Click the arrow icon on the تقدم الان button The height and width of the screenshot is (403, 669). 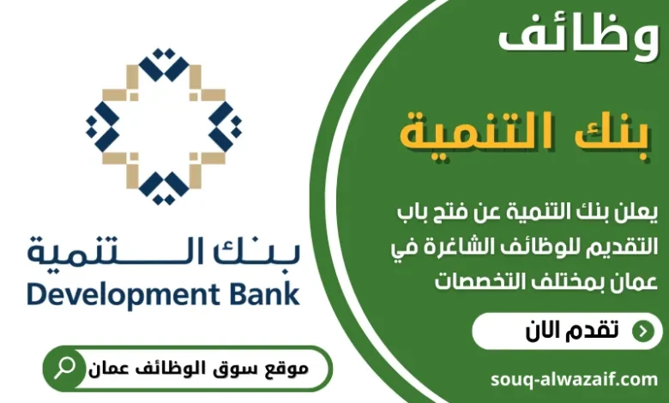[641, 332]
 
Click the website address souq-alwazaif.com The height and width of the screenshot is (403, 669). [575, 378]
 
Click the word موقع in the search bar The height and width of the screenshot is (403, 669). [286, 369]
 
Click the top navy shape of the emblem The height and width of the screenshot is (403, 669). [163, 66]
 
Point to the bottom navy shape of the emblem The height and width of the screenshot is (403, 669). [163, 183]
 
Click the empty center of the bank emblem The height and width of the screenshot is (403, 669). [163, 125]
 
